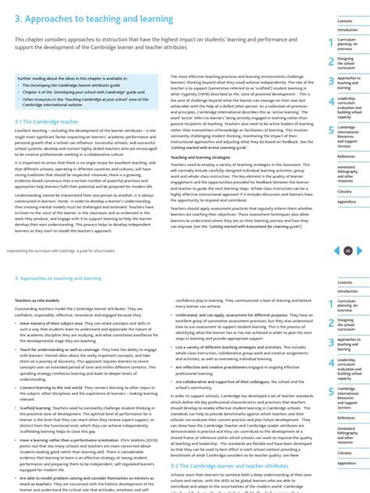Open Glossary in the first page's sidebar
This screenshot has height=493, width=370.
345,190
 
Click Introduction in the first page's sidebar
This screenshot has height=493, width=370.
347,30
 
